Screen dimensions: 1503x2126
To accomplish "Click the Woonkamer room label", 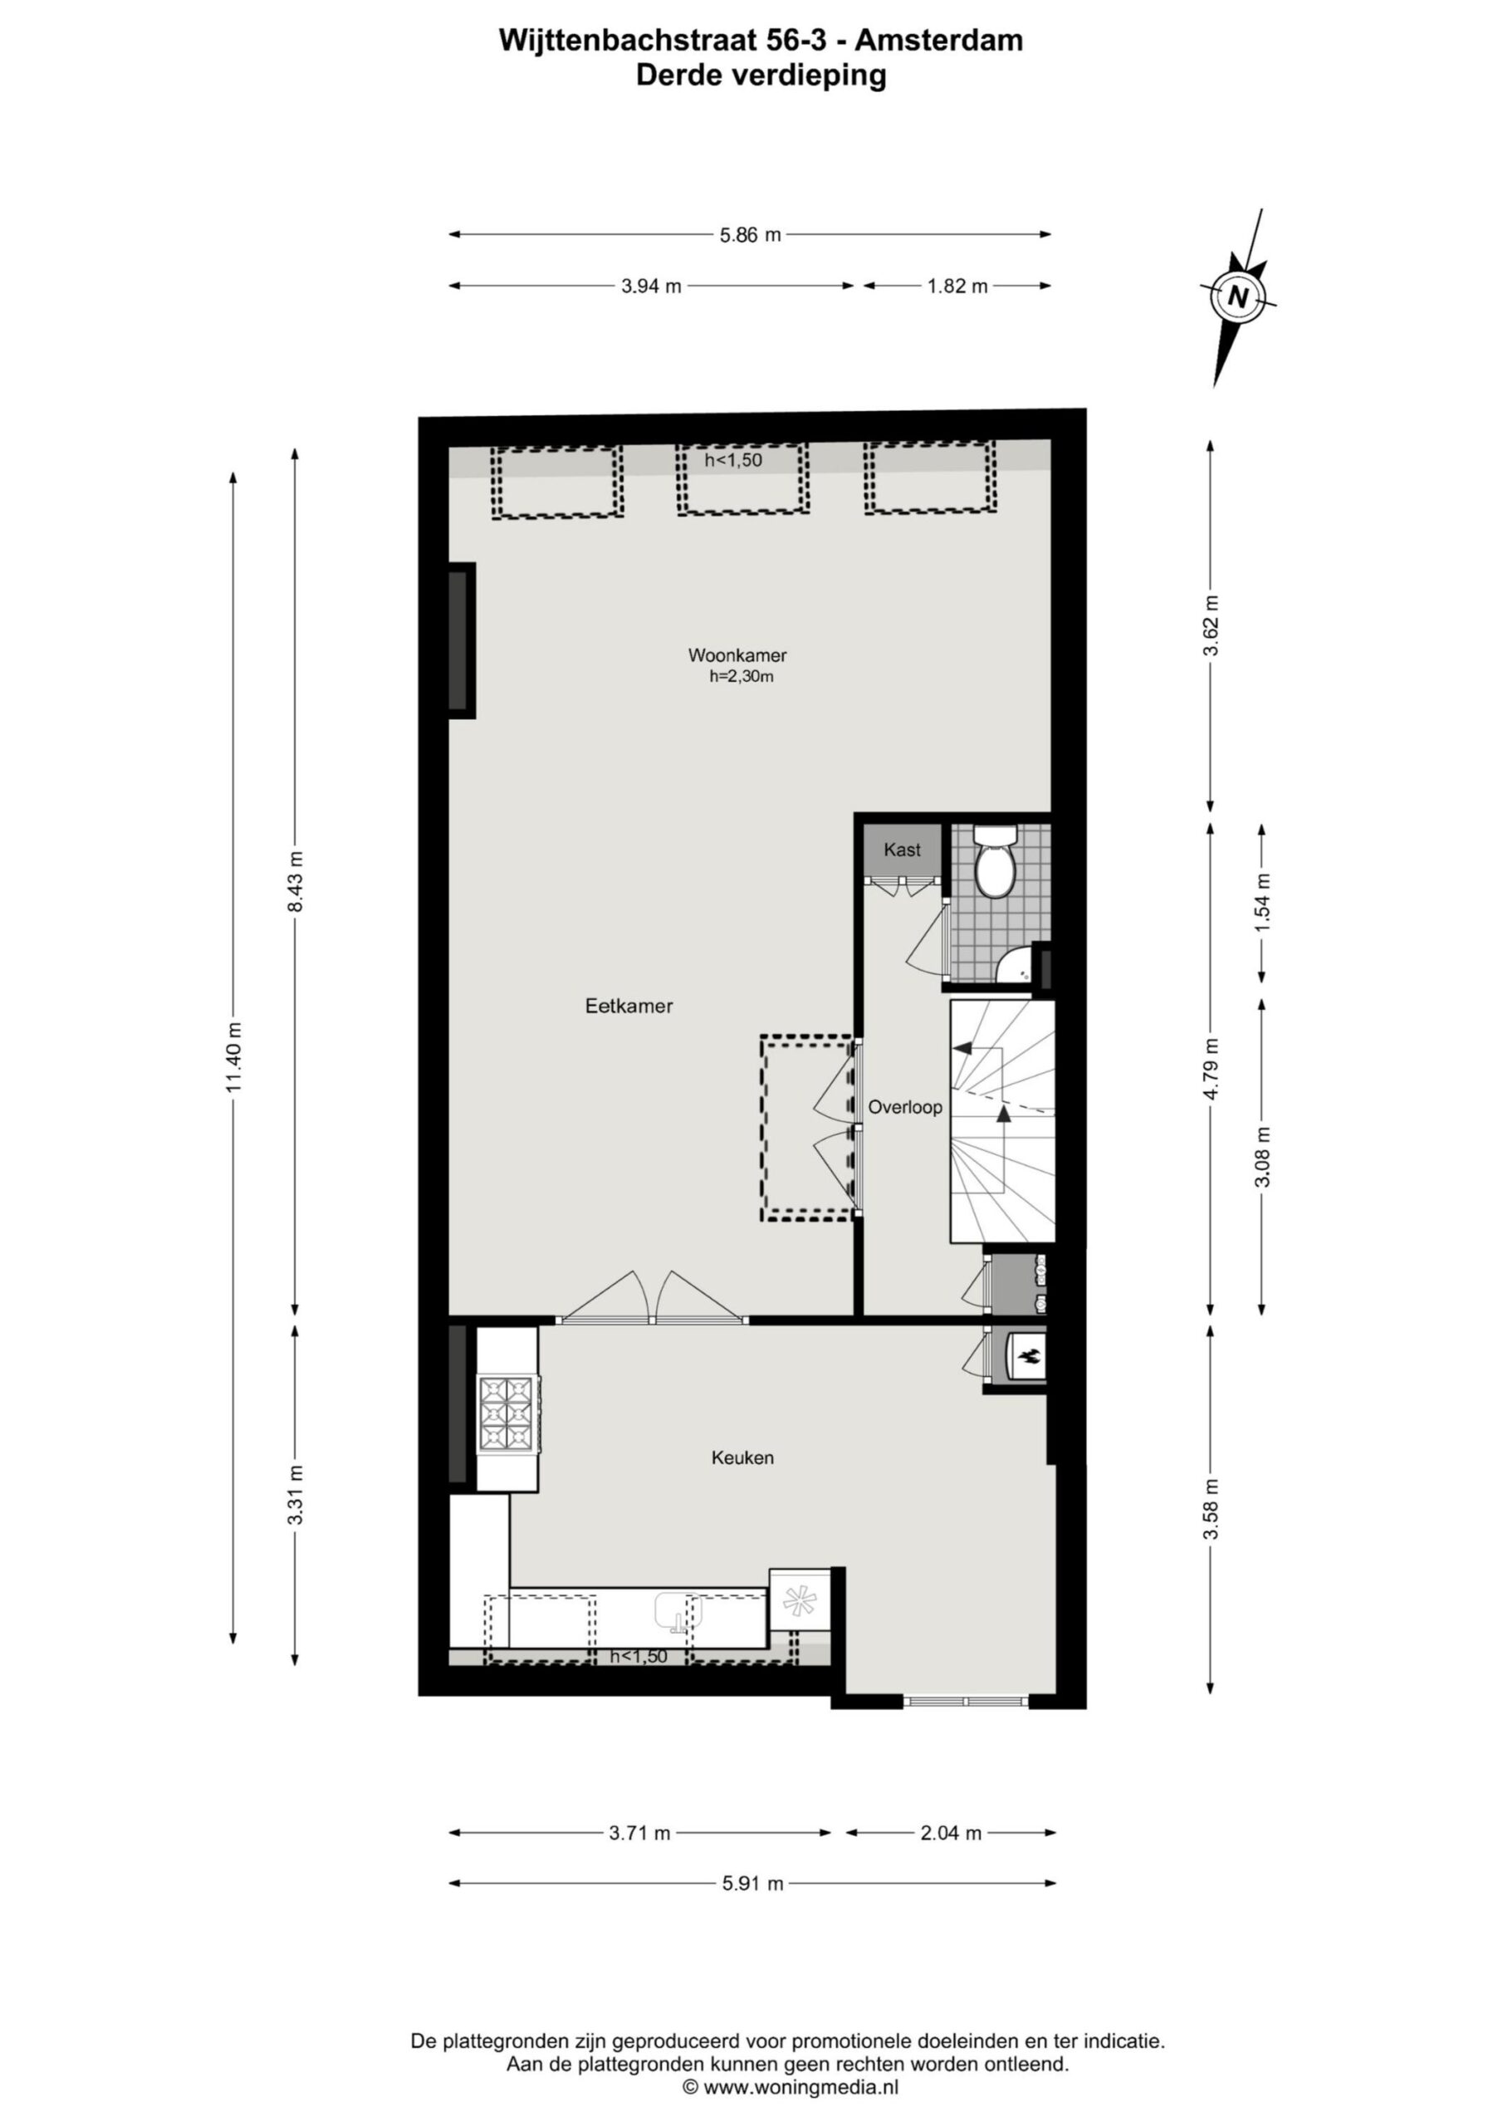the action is point(737,654).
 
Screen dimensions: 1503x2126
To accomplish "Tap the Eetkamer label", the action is point(629,1006).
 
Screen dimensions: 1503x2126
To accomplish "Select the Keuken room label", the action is point(742,1457).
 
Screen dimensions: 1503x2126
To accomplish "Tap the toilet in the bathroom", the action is point(996,860).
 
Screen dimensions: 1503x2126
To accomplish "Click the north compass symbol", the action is point(1238,297).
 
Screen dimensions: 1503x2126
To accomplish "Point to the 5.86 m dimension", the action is point(750,235).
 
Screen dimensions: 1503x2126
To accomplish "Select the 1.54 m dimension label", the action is point(1263,902).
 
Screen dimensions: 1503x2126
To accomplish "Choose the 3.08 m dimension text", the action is point(1262,1155).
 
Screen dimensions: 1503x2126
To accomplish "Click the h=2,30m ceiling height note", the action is point(741,677).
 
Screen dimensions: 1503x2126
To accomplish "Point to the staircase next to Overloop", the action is point(1003,1121).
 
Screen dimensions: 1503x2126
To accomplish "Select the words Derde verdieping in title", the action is point(761,75).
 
